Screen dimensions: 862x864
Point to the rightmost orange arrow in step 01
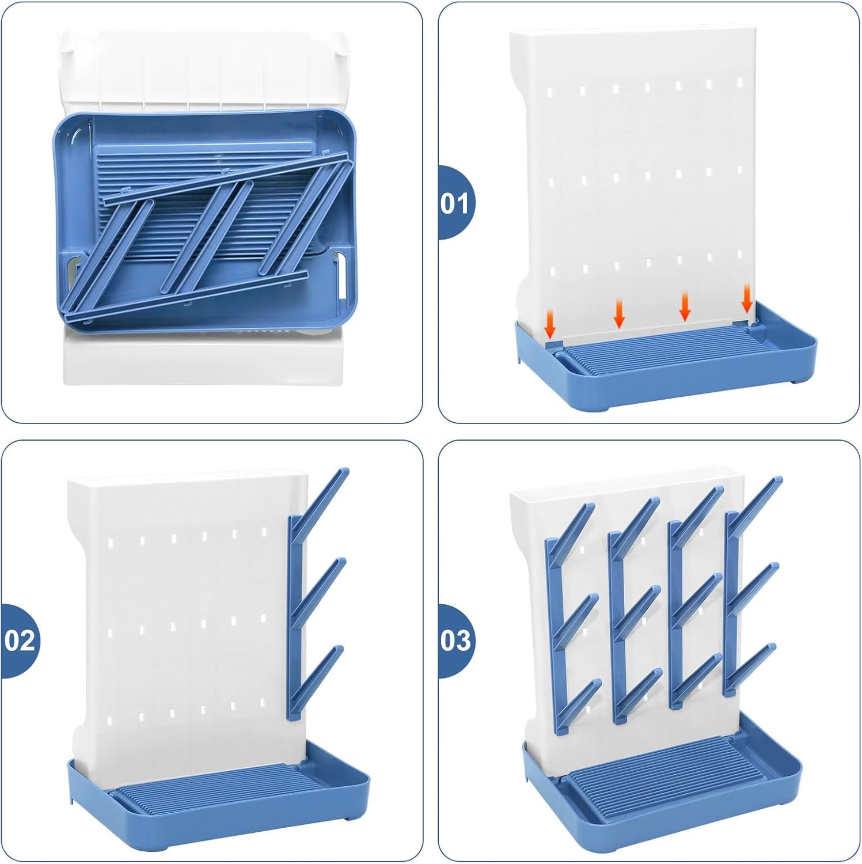[747, 300]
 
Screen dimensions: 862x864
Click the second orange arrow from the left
[619, 313]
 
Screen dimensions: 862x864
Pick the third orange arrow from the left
[685, 306]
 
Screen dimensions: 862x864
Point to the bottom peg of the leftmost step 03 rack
[579, 706]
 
